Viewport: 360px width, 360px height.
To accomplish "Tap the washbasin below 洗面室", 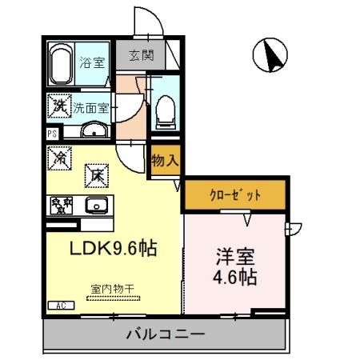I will tap(94, 130).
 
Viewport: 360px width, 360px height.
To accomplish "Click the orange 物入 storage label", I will tap(165, 160).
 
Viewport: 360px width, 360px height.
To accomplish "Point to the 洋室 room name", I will tap(237, 258).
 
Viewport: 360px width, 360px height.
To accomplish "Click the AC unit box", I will tap(61, 305).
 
